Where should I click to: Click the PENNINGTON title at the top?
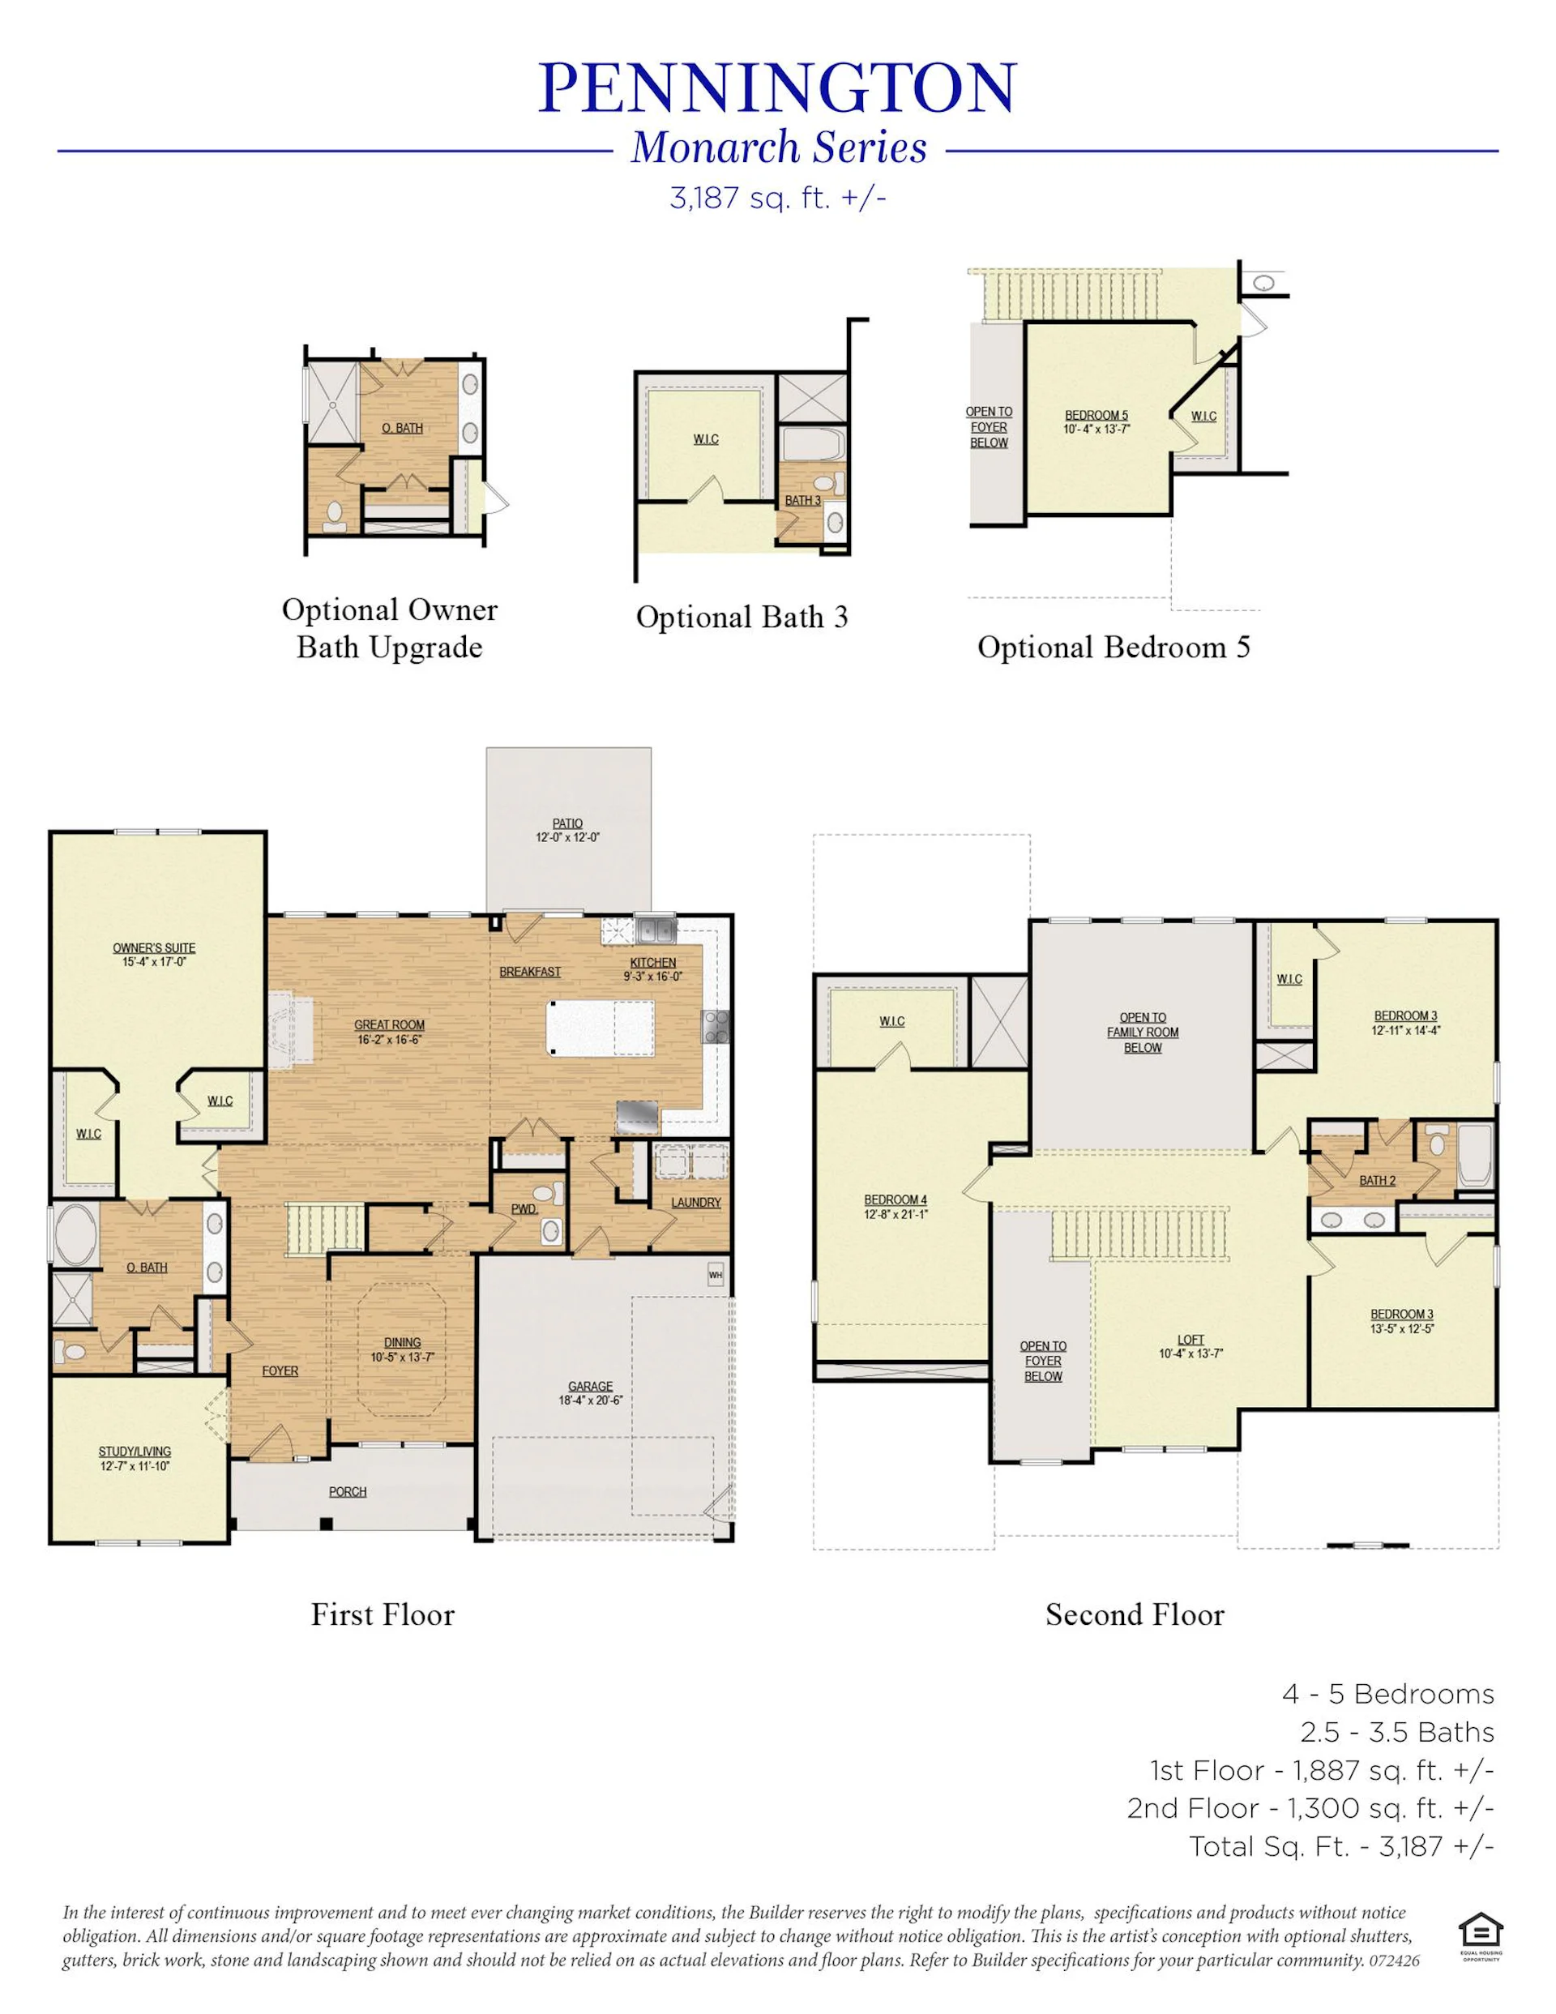(x=776, y=88)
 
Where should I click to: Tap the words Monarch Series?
(x=779, y=148)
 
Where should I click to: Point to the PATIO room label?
(x=568, y=823)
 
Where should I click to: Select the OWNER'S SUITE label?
(x=154, y=948)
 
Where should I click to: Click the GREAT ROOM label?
(x=389, y=1024)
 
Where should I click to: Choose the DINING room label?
(x=402, y=1343)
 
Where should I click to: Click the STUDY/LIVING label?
(x=135, y=1452)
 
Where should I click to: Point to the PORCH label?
(x=348, y=1491)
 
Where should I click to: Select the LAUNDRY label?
(x=696, y=1203)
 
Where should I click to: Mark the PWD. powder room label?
(x=524, y=1209)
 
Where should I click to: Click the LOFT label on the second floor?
(x=1191, y=1340)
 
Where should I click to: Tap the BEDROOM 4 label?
(x=896, y=1199)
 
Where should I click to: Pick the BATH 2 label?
(x=1377, y=1180)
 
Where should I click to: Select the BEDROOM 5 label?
(x=1096, y=416)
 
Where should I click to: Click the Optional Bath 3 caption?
(x=742, y=617)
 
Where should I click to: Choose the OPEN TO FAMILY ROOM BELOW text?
(x=1143, y=1033)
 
